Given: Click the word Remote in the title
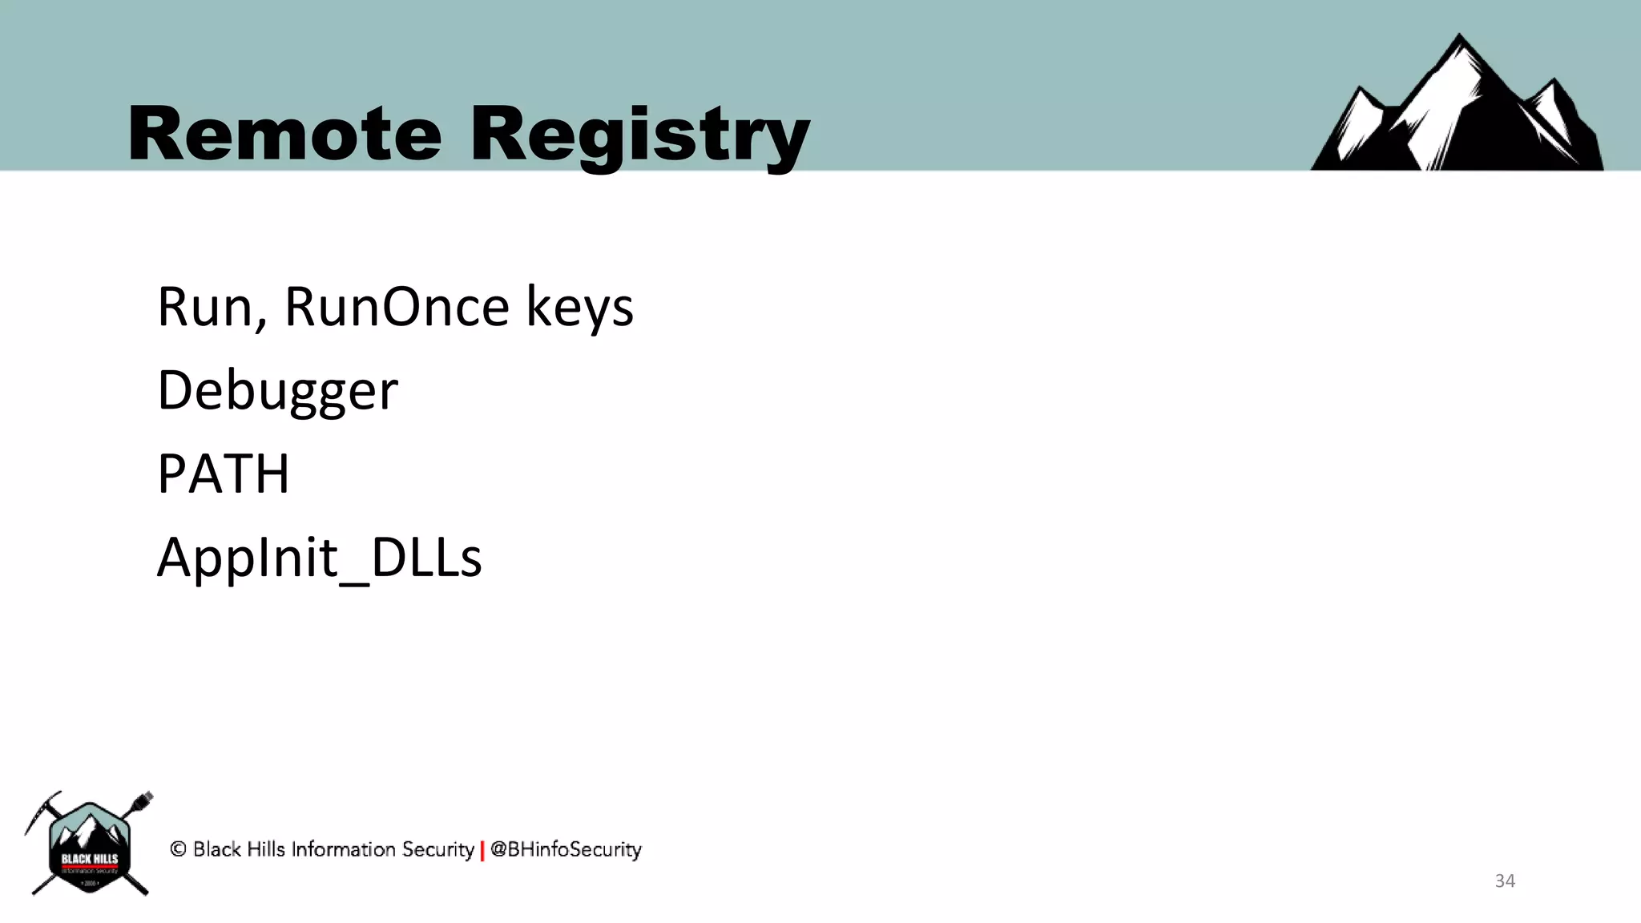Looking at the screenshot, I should tap(284, 134).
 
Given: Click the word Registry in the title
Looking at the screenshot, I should tap(639, 136).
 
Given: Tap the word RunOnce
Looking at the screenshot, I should tap(397, 306).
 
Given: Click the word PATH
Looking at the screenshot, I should tap(223, 474).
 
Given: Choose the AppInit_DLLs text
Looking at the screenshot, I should tap(319, 558).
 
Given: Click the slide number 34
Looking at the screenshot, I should tap(1505, 881).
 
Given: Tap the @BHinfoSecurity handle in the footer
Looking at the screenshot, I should tap(566, 849).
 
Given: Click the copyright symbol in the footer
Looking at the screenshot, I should tap(178, 849).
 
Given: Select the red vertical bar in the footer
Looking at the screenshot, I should tap(482, 851).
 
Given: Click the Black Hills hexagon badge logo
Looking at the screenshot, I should tap(90, 847).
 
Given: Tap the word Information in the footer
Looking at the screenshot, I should tap(343, 849).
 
